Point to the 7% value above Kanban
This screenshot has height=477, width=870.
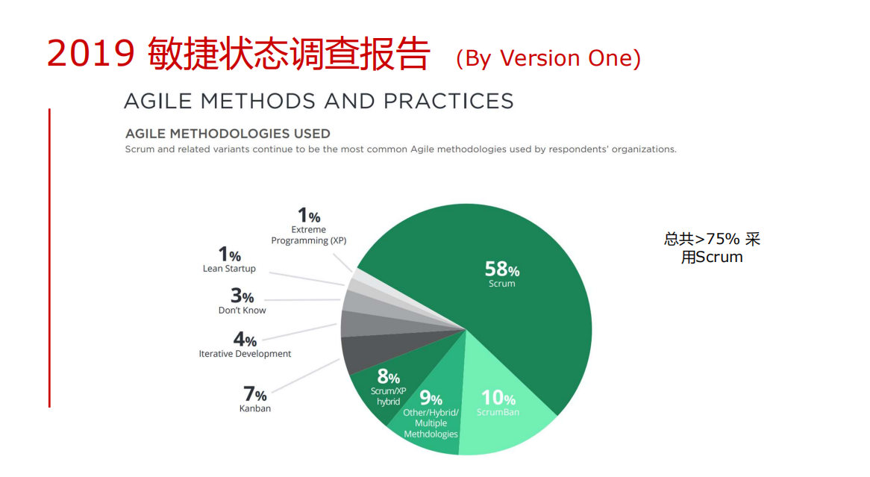[254, 393]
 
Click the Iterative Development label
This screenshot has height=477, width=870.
[245, 354]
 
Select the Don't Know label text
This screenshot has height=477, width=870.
[242, 311]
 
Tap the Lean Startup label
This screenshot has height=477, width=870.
[229, 269]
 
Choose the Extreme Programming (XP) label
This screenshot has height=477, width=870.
[308, 235]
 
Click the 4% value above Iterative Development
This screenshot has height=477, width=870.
[245, 339]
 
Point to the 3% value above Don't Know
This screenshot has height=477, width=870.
[242, 296]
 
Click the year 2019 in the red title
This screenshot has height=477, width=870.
[91, 54]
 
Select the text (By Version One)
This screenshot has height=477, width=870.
[548, 58]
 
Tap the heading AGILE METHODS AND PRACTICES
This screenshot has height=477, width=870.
[319, 101]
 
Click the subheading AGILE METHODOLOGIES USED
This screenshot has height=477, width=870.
[228, 134]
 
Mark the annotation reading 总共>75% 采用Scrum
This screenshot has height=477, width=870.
[712, 248]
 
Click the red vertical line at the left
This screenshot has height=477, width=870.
[49, 258]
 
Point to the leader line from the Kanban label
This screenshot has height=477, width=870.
[306, 376]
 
